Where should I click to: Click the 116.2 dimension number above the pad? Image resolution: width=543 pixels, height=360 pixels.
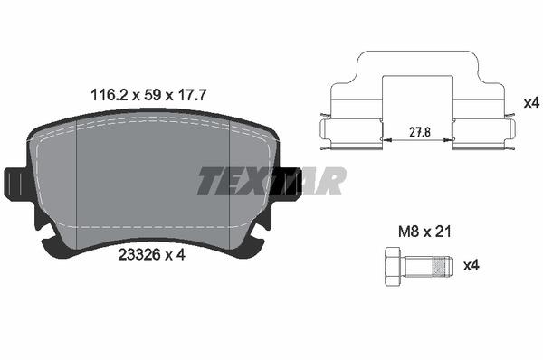[110, 95]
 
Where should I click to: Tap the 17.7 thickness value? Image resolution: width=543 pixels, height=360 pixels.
[192, 95]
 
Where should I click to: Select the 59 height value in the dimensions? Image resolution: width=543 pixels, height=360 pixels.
[153, 95]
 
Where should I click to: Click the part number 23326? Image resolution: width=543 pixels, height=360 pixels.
[139, 255]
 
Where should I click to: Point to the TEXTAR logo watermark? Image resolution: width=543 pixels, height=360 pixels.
[271, 181]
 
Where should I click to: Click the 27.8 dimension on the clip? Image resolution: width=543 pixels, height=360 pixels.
[420, 133]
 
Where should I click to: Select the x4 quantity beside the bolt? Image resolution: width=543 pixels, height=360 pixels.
[472, 266]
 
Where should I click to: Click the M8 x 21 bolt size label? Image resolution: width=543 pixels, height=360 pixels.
[425, 232]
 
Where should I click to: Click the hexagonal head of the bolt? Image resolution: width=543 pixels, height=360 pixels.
[394, 267]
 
